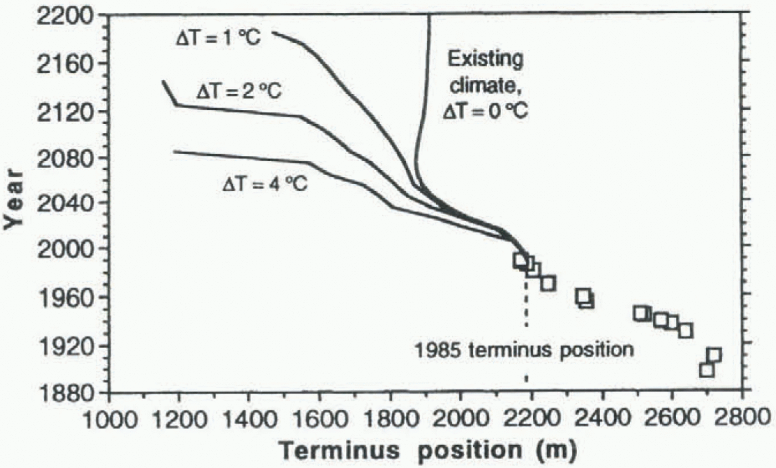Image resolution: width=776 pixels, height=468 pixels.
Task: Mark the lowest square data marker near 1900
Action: click(x=706, y=369)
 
